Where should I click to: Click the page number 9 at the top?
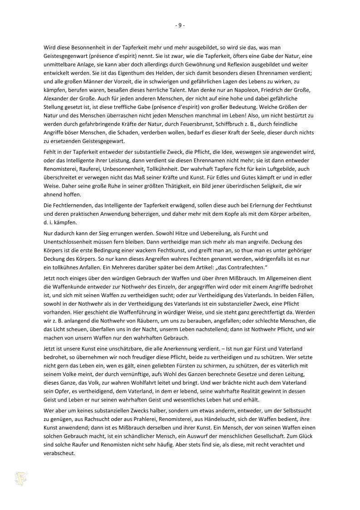180,25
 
